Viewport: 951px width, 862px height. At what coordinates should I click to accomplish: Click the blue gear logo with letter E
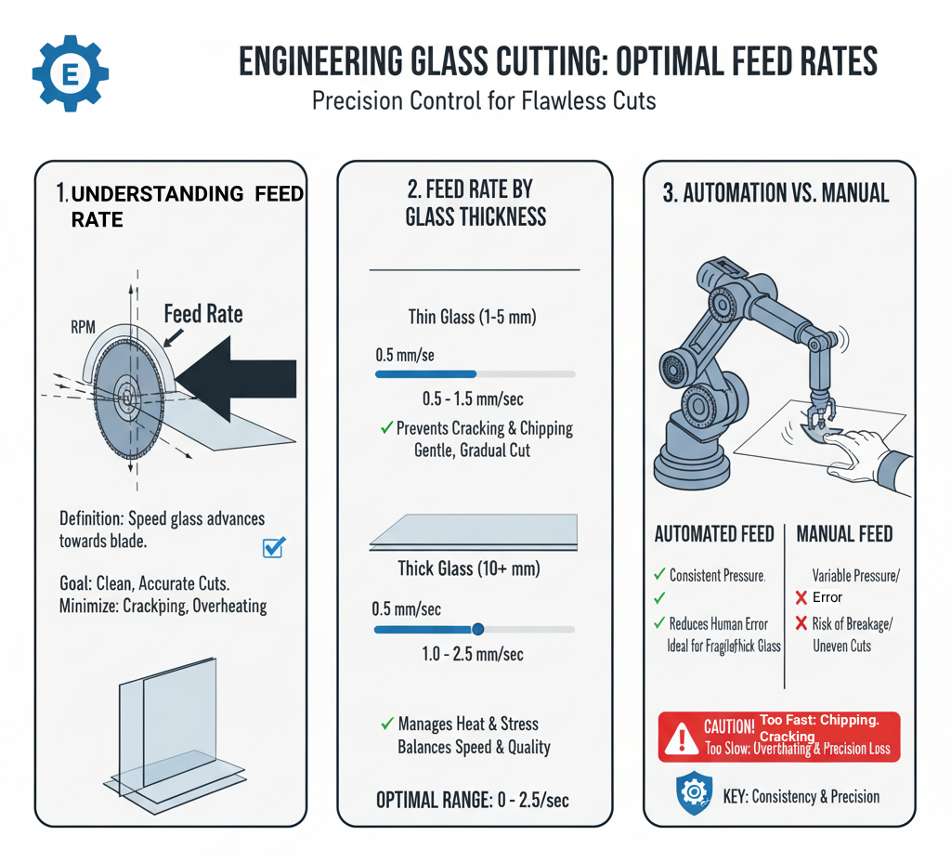click(x=70, y=72)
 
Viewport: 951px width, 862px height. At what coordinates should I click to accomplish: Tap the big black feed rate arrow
click(x=237, y=376)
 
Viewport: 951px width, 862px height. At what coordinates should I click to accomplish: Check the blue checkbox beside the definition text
click(x=274, y=547)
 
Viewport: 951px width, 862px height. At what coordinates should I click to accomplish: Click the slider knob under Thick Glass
click(x=478, y=629)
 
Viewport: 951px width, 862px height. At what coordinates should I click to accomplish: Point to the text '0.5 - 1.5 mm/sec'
click(x=475, y=398)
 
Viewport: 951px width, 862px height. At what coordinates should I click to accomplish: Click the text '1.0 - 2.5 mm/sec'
click(x=474, y=654)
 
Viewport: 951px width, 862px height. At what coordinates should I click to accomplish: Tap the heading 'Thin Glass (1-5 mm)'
click(x=473, y=317)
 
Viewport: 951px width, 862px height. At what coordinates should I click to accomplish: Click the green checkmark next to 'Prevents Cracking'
click(x=384, y=428)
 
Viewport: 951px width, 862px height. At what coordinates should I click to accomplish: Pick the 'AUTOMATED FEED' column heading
click(x=713, y=534)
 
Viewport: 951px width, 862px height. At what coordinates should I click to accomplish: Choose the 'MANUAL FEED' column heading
click(x=844, y=534)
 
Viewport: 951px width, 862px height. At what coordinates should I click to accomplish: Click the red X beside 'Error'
click(x=801, y=597)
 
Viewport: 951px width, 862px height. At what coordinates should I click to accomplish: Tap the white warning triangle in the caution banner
click(x=683, y=738)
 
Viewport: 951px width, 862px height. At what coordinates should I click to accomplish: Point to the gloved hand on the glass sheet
click(x=867, y=455)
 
